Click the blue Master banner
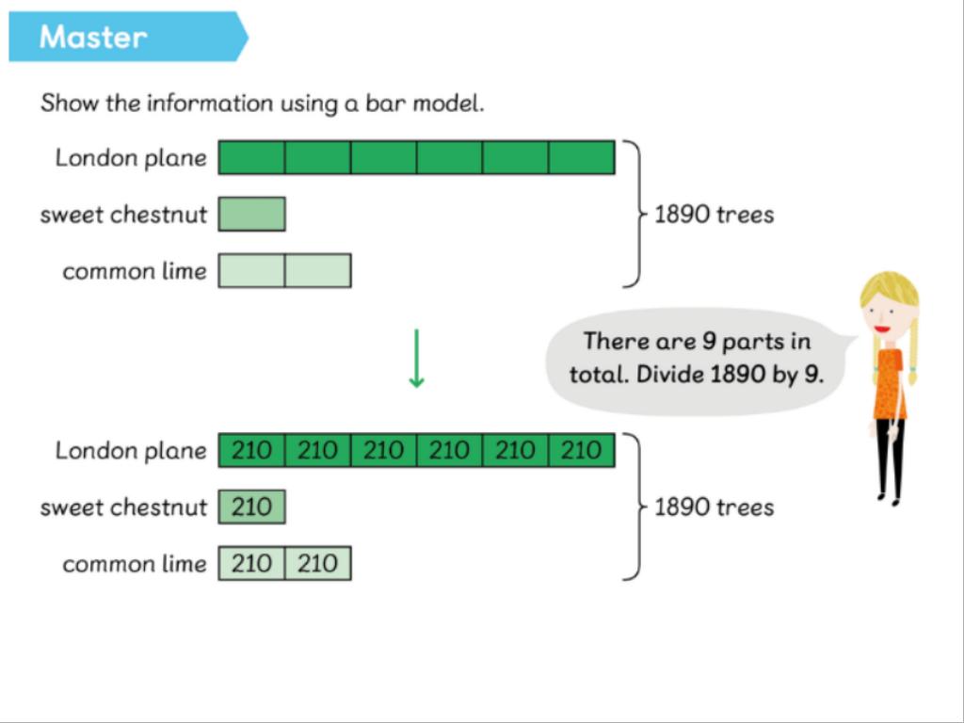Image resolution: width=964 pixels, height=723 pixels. pos(128,37)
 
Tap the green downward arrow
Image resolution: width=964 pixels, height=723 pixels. pos(416,359)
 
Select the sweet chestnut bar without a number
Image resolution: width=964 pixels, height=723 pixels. pos(252,214)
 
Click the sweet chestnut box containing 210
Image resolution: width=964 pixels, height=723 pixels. pos(252,506)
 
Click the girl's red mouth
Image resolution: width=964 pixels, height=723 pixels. pos(883,329)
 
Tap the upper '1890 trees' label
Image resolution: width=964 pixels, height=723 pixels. pos(714,215)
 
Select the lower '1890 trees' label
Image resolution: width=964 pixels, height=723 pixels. pos(714,507)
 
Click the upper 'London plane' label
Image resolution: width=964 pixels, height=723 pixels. pos(131,158)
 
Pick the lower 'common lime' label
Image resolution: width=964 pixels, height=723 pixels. pos(135,564)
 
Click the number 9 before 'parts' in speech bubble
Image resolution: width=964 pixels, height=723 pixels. pos(709,341)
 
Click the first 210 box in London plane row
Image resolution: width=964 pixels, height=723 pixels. pos(252,450)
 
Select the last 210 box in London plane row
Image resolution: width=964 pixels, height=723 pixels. pos(582,450)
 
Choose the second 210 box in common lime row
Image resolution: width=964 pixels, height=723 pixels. pos(318,563)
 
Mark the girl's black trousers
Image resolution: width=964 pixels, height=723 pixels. pos(891,458)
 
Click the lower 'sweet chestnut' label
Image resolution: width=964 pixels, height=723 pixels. pos(123,507)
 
